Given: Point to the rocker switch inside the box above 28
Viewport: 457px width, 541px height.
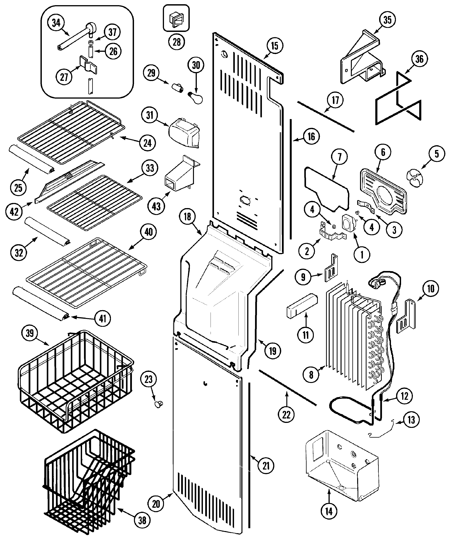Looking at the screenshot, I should coord(176,19).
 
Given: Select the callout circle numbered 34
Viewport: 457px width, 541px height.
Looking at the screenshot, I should coord(56,23).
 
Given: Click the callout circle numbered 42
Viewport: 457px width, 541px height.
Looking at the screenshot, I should coord(14,212).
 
